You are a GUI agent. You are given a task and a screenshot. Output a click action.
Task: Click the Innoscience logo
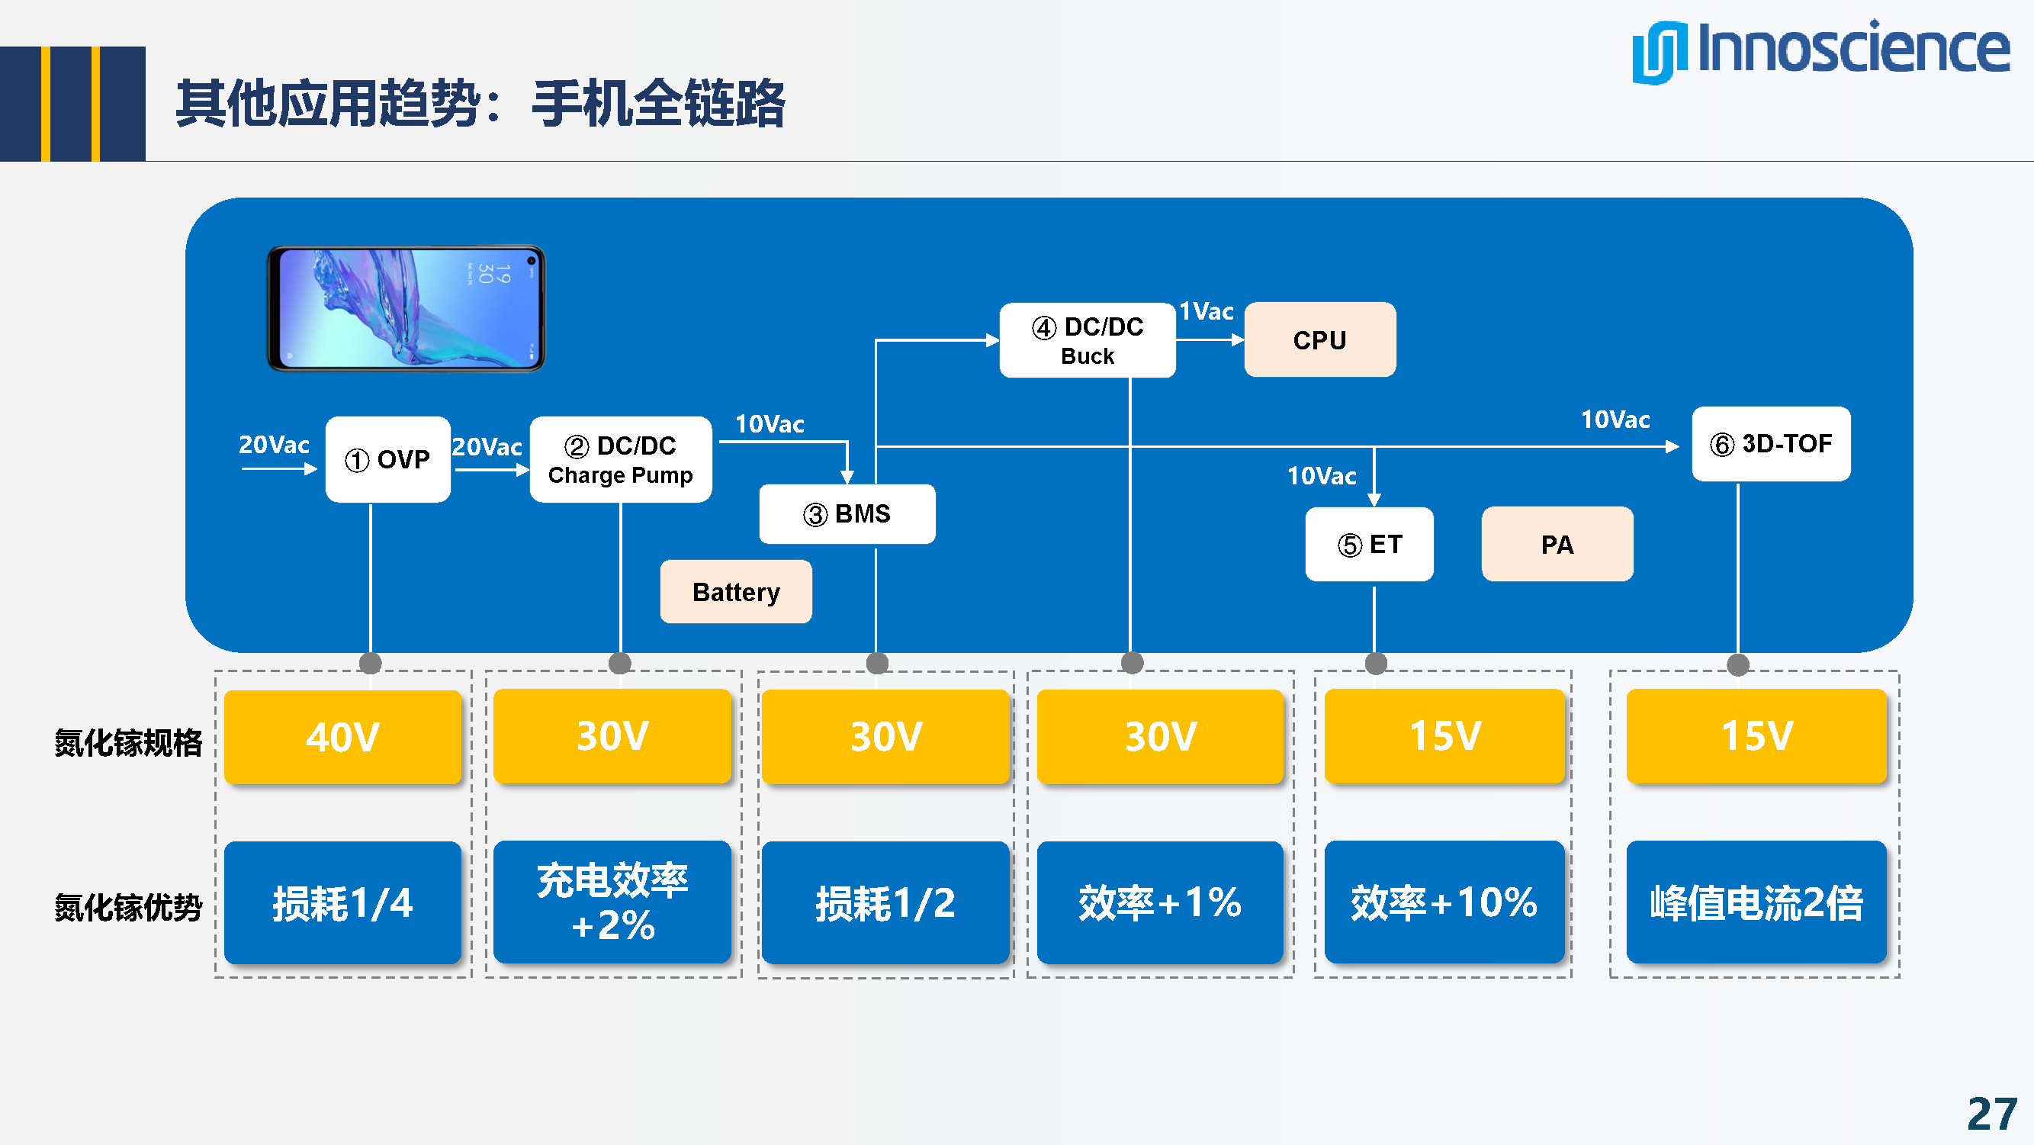(1820, 50)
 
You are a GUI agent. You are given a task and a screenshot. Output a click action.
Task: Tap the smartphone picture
(406, 308)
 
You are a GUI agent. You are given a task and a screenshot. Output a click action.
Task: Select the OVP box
(387, 458)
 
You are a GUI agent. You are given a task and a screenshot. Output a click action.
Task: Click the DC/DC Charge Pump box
(621, 459)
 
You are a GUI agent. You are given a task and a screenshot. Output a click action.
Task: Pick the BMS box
(847, 514)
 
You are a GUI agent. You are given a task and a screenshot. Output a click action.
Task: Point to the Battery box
(736, 591)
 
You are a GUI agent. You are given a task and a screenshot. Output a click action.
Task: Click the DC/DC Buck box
(1088, 340)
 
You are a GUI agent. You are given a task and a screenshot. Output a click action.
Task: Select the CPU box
(1319, 339)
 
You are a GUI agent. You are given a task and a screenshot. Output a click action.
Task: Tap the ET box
(1369, 544)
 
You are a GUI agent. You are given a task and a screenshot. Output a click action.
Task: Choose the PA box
(1557, 544)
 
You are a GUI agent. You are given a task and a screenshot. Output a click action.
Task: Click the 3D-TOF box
(1770, 444)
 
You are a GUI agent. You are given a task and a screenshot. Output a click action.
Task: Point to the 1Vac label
(1206, 311)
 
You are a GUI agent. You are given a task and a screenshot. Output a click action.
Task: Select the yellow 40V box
(342, 737)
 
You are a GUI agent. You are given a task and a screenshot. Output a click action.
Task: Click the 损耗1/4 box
(342, 902)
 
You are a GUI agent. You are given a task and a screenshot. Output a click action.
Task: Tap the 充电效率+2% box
(612, 902)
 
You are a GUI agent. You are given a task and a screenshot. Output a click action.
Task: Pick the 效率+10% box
(1444, 902)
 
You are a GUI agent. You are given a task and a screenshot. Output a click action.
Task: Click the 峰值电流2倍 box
(1756, 902)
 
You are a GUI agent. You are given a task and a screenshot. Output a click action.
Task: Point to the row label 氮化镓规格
(128, 742)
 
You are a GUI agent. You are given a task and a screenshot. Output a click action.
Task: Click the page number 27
(1991, 1114)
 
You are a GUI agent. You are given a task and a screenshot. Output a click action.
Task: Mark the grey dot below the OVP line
(371, 664)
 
